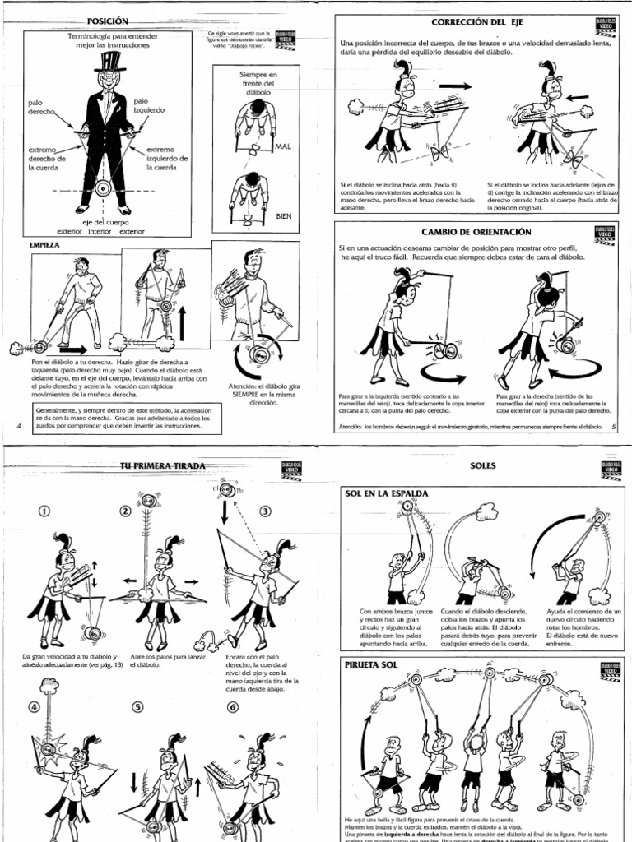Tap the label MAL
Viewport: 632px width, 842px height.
[283, 146]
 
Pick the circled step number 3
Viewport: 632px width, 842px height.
[265, 511]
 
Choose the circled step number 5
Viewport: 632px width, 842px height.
[137, 707]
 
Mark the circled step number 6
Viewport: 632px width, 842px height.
[233, 707]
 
